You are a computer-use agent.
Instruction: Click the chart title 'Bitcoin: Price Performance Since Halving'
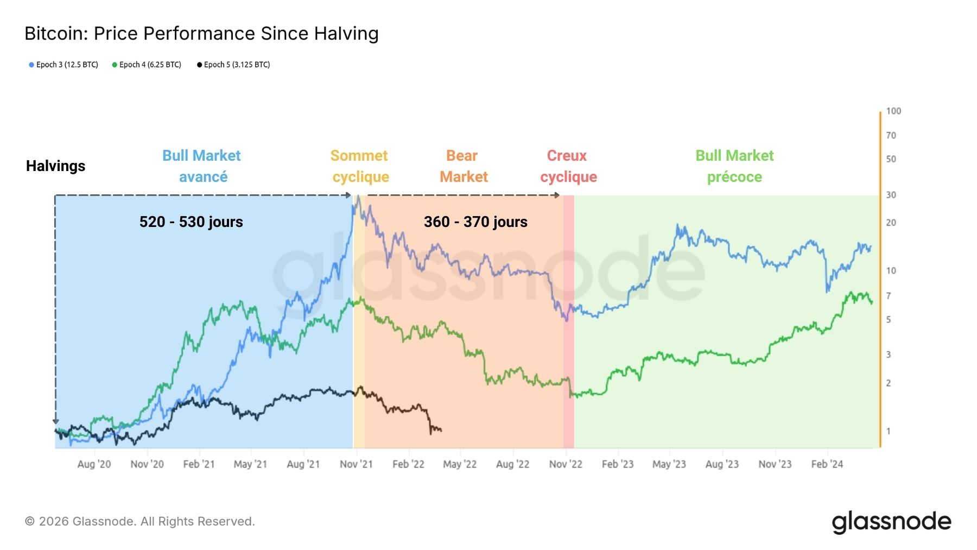[x=201, y=34]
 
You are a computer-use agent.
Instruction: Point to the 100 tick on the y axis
[x=893, y=111]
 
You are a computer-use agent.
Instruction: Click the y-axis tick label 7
[x=889, y=296]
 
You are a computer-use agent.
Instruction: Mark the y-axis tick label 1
[x=889, y=431]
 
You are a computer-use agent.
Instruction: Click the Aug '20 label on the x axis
[x=94, y=464]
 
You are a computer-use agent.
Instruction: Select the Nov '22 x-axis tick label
[x=566, y=464]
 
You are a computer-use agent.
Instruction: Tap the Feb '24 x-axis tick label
[x=827, y=464]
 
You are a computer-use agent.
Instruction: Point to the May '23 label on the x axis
[x=669, y=464]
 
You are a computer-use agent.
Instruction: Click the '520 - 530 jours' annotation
[x=191, y=222]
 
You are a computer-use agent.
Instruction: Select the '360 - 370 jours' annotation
[x=475, y=222]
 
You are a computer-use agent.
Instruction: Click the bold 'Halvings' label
[x=55, y=166]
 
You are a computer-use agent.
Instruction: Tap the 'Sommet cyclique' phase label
[x=360, y=166]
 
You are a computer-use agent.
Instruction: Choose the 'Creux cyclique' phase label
[x=568, y=166]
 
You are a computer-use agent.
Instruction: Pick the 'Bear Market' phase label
[x=463, y=166]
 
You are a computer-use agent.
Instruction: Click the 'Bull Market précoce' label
[x=734, y=166]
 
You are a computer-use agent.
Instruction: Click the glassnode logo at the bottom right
[x=891, y=522]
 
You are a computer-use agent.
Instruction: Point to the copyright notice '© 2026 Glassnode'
[x=139, y=522]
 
